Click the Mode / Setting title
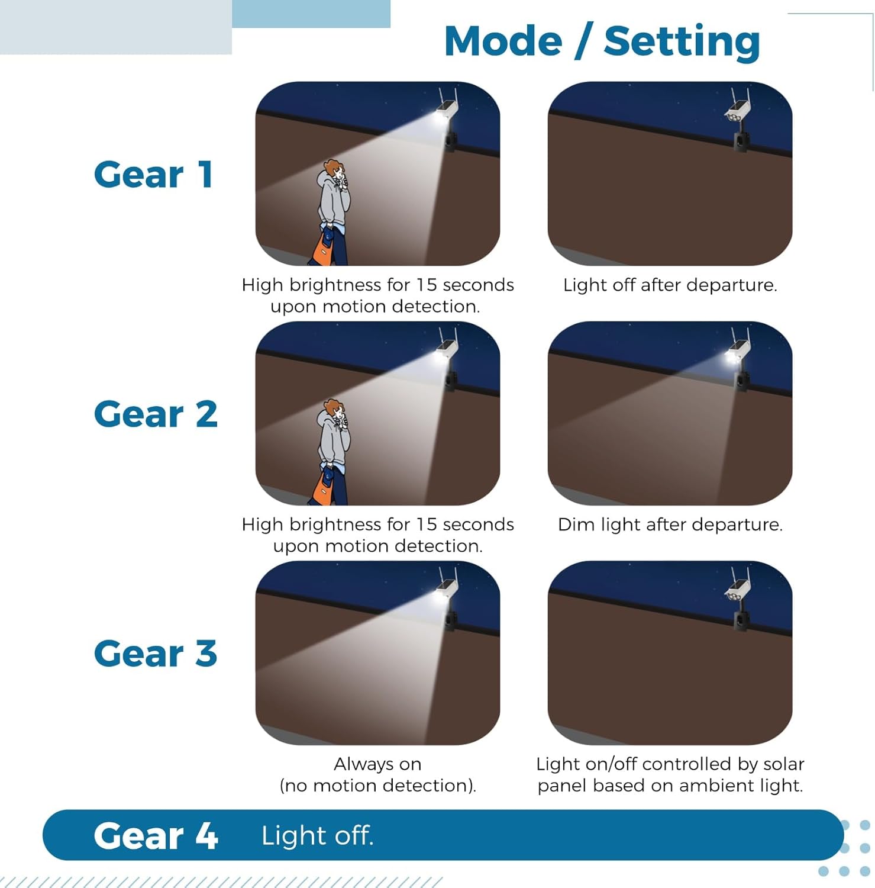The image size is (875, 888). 602,41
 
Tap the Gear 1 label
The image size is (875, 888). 154,175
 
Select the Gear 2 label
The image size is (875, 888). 156,414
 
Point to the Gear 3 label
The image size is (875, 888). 156,654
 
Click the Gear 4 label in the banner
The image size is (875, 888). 156,835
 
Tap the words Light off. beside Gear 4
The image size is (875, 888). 317,835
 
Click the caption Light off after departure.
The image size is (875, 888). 670,285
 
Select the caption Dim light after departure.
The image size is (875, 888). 670,525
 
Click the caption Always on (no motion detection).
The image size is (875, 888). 377,774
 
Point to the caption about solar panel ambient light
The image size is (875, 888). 670,774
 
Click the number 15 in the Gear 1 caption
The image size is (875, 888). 426,285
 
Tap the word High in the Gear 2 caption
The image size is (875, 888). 262,525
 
